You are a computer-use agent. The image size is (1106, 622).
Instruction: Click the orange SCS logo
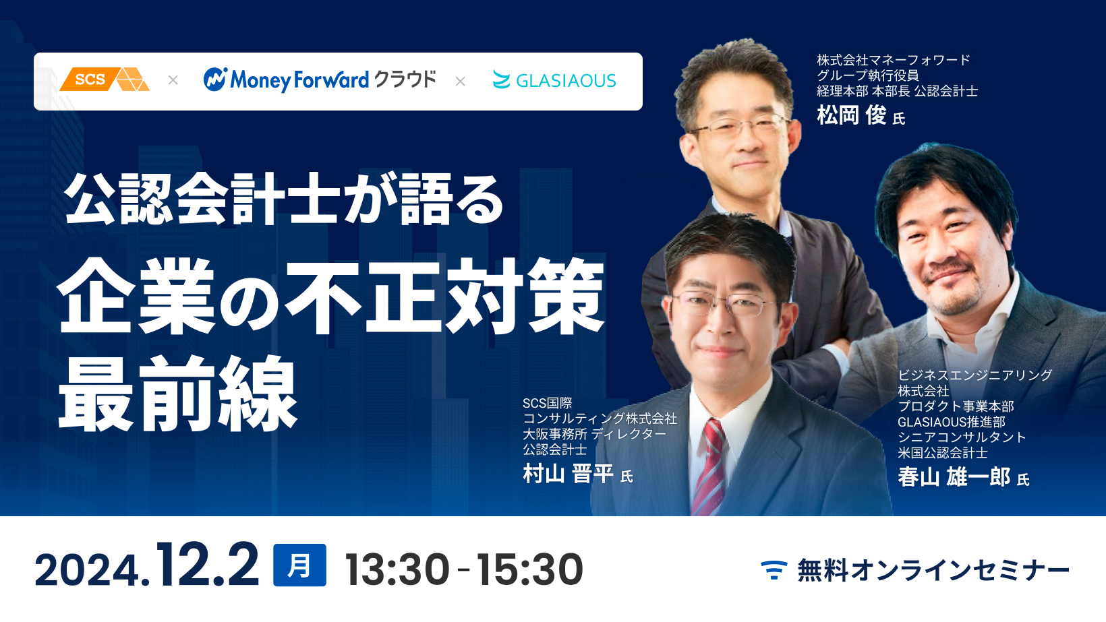pyautogui.click(x=104, y=80)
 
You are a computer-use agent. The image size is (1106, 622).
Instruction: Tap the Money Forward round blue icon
pyautogui.click(x=215, y=80)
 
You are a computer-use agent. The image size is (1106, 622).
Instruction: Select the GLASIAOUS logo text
pyautogui.click(x=566, y=80)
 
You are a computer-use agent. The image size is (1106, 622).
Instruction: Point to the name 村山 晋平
pyautogui.click(x=568, y=474)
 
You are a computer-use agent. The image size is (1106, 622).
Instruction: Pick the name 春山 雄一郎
pyautogui.click(x=954, y=477)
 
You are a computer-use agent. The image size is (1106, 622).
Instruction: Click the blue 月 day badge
pyautogui.click(x=299, y=565)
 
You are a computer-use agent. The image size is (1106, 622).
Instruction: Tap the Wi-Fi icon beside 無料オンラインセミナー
pyautogui.click(x=774, y=569)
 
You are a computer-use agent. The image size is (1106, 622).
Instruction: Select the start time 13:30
pyautogui.click(x=397, y=569)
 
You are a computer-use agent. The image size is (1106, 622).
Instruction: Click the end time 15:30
pyautogui.click(x=530, y=569)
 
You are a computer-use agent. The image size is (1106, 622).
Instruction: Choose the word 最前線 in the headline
pyautogui.click(x=178, y=393)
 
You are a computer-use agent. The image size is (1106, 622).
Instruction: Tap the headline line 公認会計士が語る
pyautogui.click(x=284, y=199)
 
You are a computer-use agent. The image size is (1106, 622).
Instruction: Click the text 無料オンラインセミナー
pyautogui.click(x=933, y=570)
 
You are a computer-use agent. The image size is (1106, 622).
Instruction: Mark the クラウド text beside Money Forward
pyautogui.click(x=405, y=80)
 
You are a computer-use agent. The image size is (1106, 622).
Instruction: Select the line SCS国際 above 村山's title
pyautogui.click(x=547, y=403)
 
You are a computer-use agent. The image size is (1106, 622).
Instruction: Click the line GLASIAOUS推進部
pyautogui.click(x=951, y=422)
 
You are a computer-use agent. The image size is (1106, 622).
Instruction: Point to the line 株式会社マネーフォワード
pyautogui.click(x=893, y=60)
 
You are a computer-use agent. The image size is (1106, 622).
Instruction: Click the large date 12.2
pyautogui.click(x=208, y=564)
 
